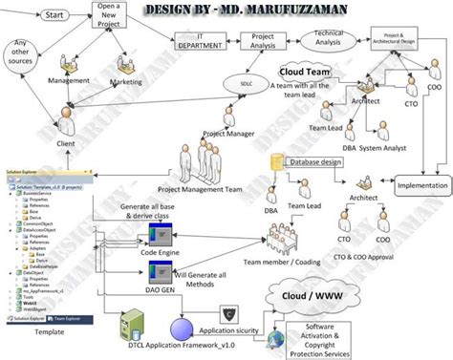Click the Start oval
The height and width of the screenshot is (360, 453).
(54, 16)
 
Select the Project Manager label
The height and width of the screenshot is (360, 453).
(227, 134)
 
